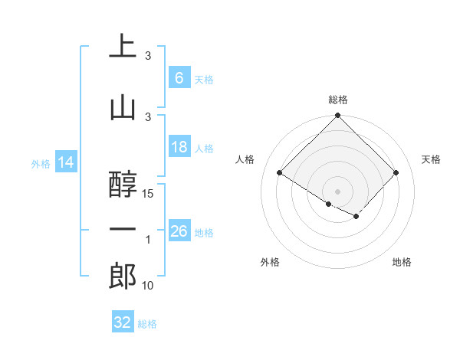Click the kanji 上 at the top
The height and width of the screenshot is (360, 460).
(x=123, y=47)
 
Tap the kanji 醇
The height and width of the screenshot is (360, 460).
(x=123, y=185)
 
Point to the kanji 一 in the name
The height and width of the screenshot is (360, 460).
(x=123, y=229)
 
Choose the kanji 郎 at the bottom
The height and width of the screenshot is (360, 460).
(x=123, y=277)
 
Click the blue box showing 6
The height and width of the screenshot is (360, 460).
(x=179, y=78)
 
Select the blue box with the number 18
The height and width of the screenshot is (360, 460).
(x=179, y=147)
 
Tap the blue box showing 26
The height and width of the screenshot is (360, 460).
(x=179, y=231)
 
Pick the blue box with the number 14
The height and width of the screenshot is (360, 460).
(x=65, y=162)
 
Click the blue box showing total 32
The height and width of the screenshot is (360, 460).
(x=123, y=322)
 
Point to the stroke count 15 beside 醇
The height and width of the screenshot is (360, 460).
(x=148, y=194)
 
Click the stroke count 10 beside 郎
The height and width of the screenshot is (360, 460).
(x=148, y=286)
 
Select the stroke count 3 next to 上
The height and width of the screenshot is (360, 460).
(x=148, y=56)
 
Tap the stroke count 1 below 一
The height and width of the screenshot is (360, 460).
(x=148, y=240)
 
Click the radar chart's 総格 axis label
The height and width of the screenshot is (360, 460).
(x=337, y=100)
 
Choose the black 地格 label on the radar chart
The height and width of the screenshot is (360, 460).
(x=402, y=262)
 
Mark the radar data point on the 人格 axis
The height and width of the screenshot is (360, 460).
(x=280, y=173)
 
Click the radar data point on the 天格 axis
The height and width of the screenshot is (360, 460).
(x=396, y=173)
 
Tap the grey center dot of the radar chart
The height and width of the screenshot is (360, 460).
(x=337, y=190)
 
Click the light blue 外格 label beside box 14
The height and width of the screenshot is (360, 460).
(x=40, y=163)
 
